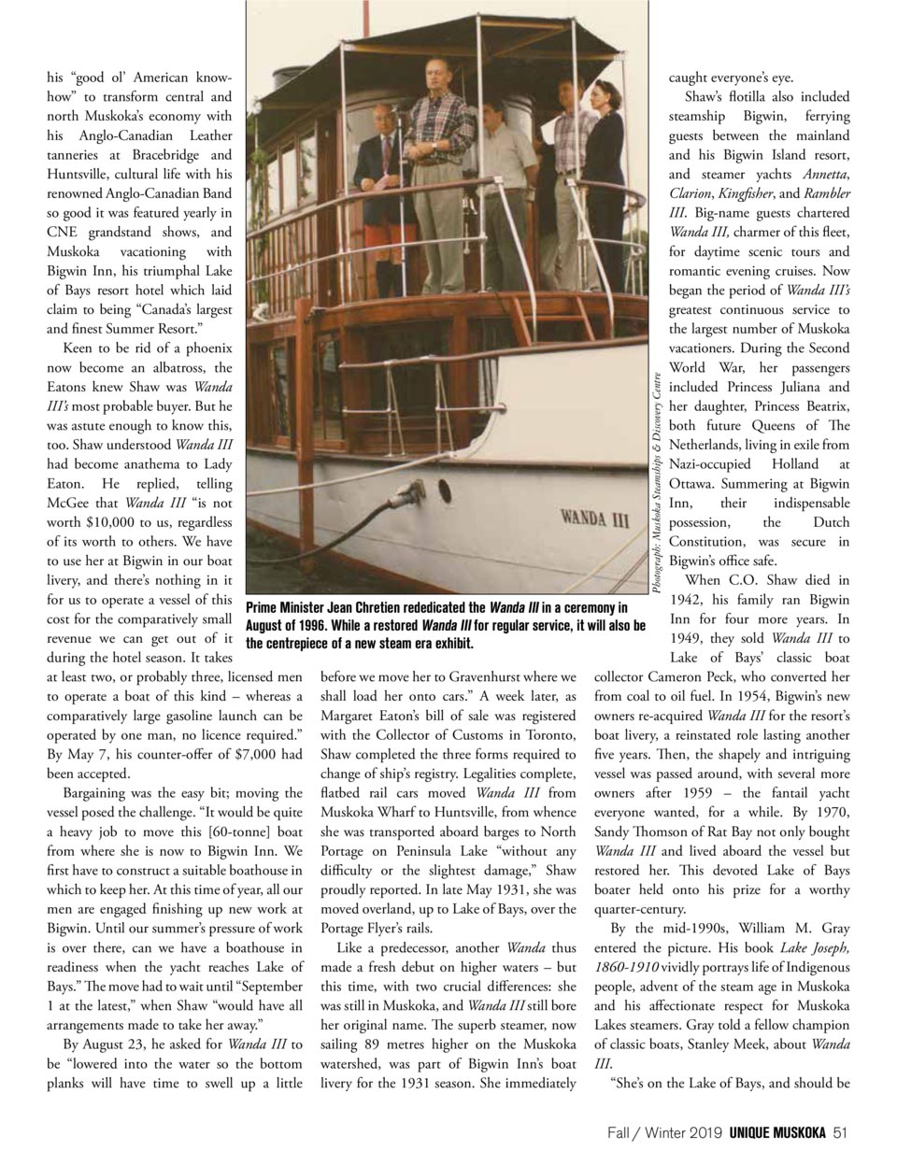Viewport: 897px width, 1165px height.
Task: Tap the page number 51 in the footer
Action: click(839, 1132)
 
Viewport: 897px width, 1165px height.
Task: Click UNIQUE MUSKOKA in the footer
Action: click(777, 1132)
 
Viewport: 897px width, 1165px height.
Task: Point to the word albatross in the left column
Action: click(152, 367)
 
